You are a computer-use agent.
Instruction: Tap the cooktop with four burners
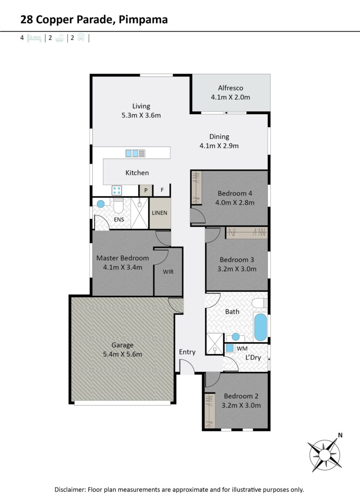pos(117,191)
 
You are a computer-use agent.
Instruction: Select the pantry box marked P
pos(146,190)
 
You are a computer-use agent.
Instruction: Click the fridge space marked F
pos(162,190)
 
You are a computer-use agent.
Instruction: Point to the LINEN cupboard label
pos(160,213)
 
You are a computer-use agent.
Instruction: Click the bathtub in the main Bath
pos(260,327)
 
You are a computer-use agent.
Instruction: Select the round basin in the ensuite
pos(101,204)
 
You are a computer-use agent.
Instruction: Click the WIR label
pos(168,272)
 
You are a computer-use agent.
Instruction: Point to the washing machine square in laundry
pos(230,348)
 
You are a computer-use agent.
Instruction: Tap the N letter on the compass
pos(340,435)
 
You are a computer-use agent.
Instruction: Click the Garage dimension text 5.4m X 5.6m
pos(122,354)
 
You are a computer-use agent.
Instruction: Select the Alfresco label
pos(230,88)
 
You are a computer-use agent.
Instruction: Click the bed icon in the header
pos(34,38)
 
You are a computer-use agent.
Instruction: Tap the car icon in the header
pos(81,37)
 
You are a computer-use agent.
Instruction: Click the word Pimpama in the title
pos(143,20)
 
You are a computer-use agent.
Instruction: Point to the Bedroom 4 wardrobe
pos(197,187)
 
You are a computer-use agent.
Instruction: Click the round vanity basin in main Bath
pos(236,337)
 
